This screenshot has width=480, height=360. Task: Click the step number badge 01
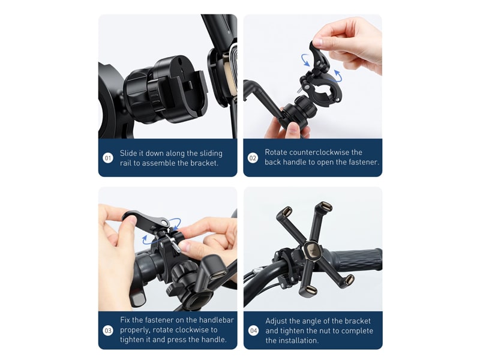108,158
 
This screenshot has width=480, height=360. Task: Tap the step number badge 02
253,158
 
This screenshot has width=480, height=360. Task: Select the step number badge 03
108,331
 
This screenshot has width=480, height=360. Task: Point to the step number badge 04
253,331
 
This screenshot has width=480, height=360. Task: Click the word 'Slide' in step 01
128,153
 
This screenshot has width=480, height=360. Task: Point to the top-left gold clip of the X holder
287,211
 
